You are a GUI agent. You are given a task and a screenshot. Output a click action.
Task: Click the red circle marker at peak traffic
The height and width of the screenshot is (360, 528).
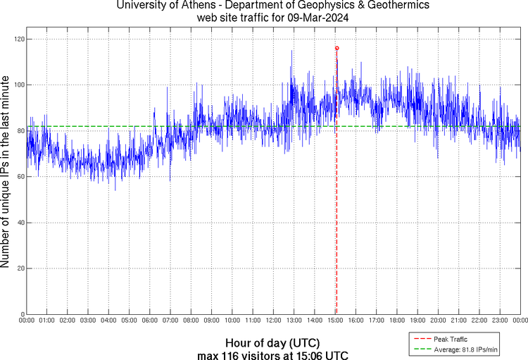[x=337, y=48]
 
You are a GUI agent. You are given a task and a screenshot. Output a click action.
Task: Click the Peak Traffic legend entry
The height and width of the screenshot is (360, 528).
[x=450, y=340]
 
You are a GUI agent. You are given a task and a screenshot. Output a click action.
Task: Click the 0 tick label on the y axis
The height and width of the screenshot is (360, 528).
[x=21, y=314]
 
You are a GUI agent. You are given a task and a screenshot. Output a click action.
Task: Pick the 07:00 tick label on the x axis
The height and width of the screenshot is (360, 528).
[x=170, y=321]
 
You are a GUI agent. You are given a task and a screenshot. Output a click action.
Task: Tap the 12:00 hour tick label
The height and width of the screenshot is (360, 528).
[x=273, y=321]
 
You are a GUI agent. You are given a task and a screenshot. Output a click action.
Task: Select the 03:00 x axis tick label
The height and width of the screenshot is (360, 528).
[x=88, y=321]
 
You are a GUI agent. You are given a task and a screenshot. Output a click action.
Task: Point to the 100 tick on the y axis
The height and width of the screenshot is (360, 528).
[x=18, y=85]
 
